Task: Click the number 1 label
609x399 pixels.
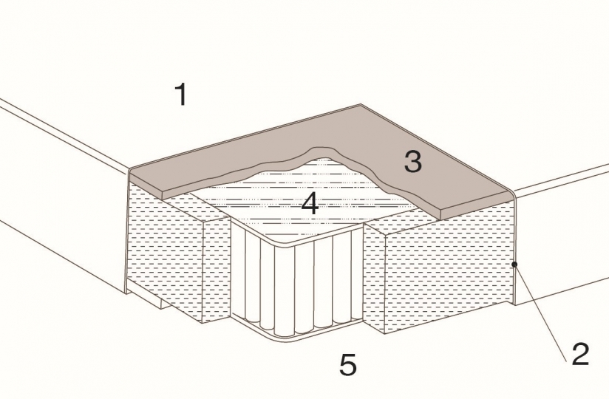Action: pos(182,95)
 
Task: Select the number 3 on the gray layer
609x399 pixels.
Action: pos(413,162)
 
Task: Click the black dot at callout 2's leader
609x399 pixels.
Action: pos(514,265)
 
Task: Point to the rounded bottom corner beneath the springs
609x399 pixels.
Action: pos(279,338)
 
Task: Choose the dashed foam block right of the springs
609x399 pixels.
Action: pos(439,267)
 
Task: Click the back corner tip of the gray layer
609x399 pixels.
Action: pos(361,104)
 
